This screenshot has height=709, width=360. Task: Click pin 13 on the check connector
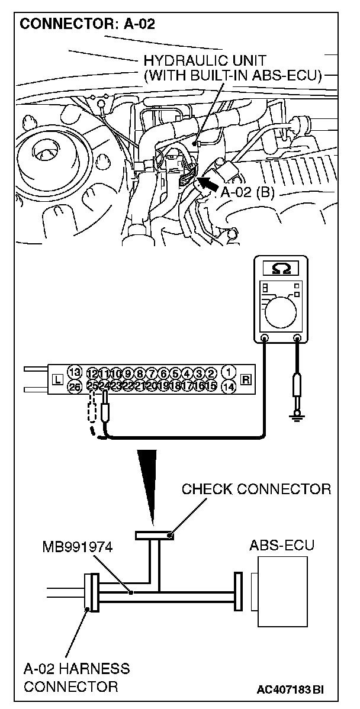pos(74,372)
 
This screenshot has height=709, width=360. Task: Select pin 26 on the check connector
pos(74,386)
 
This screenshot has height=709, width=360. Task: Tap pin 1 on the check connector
pos(227,372)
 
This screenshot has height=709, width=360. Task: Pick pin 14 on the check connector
pos(227,386)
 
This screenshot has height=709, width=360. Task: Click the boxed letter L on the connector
pos(57,379)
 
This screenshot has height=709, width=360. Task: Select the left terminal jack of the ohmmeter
pos(264,339)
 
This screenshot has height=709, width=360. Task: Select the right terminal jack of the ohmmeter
pos(296,339)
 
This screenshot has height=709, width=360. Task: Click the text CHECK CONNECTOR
pos(256,489)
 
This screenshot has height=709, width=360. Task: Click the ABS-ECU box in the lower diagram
pos(280,592)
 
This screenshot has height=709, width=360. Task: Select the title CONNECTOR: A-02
pos(77,25)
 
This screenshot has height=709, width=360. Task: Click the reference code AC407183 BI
pos(290,689)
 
